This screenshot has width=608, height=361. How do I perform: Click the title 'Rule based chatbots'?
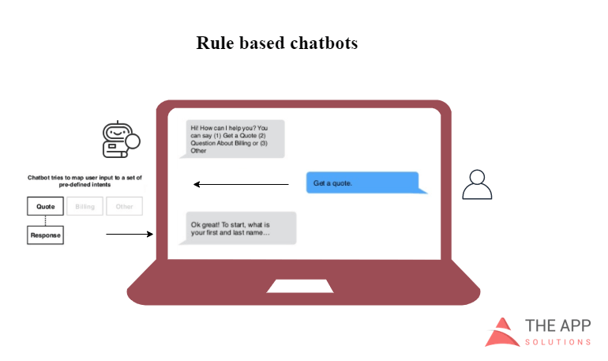click(276, 43)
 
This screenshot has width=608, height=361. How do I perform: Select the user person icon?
click(476, 184)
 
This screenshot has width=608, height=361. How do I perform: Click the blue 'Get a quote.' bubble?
click(364, 183)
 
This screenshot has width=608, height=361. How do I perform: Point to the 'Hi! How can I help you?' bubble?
click(235, 138)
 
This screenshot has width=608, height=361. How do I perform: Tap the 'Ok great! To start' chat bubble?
click(240, 228)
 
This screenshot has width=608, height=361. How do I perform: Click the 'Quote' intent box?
click(45, 206)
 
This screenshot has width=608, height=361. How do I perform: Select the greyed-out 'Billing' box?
click(84, 206)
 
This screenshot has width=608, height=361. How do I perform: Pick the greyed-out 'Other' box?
click(124, 206)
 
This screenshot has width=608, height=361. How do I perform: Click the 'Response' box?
click(45, 235)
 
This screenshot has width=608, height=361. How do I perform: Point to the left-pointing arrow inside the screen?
click(241, 185)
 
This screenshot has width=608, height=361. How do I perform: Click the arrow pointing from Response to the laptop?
click(129, 235)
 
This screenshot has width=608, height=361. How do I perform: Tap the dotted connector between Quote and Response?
click(45, 220)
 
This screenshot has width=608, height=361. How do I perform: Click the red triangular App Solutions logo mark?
click(502, 332)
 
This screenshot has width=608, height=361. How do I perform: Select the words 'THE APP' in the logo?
click(557, 325)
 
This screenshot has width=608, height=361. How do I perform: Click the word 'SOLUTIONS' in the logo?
click(557, 342)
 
